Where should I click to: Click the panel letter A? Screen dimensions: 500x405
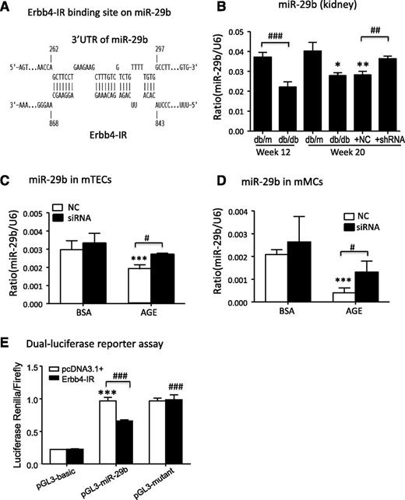(x=10, y=10)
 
